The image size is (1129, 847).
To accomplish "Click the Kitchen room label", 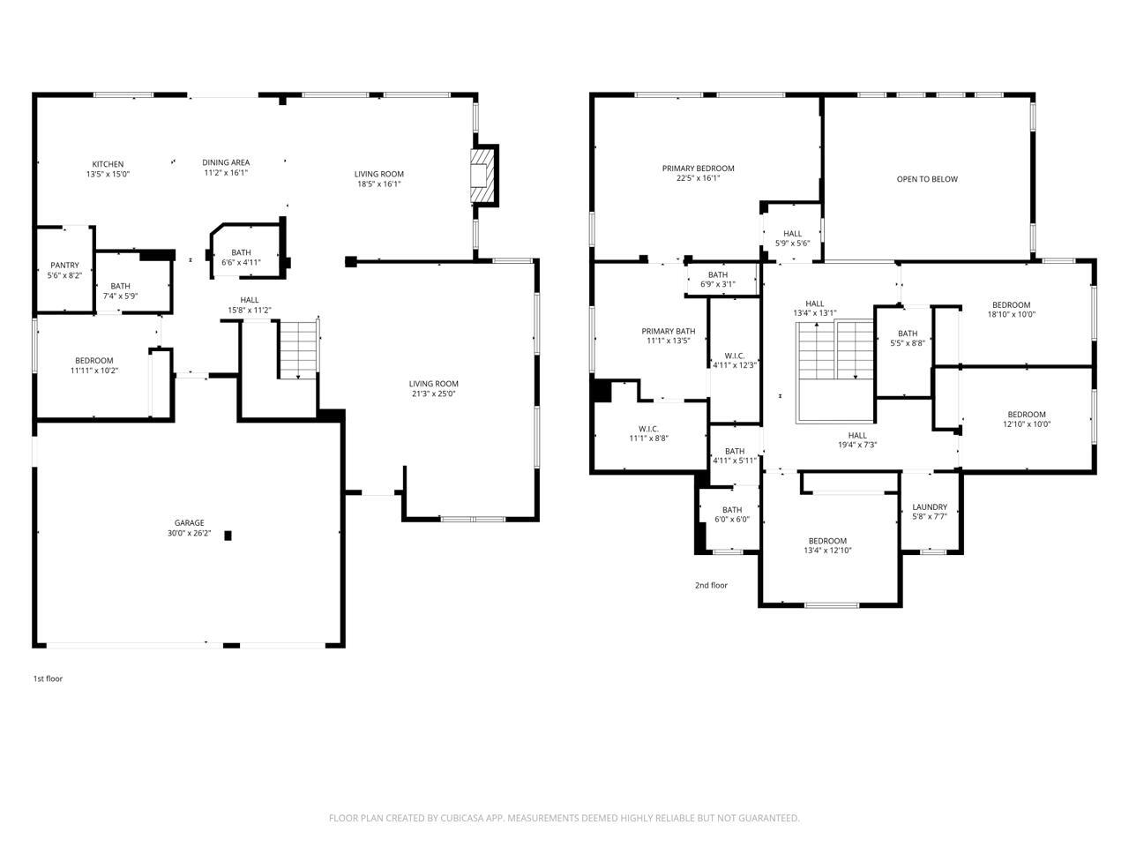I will click(x=108, y=164).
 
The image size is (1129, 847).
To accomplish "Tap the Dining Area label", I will click(x=226, y=162).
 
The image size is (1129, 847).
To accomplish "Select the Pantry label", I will click(x=64, y=266).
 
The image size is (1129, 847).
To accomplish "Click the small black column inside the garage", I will click(x=228, y=535).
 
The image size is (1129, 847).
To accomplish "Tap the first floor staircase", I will click(x=298, y=349).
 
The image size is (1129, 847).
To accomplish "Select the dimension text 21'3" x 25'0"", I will click(x=433, y=394).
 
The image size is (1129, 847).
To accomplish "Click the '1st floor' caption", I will click(x=48, y=678).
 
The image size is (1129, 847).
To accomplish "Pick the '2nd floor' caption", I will click(x=711, y=585).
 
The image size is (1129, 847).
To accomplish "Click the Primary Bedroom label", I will click(x=698, y=169).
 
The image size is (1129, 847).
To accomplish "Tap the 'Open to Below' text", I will click(x=926, y=179).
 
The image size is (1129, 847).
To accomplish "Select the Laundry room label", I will click(x=930, y=507).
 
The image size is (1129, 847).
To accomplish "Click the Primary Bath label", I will click(x=668, y=332).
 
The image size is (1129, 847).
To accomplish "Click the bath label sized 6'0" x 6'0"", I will click(x=732, y=510).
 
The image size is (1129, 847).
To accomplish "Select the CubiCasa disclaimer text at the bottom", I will click(x=564, y=818).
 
